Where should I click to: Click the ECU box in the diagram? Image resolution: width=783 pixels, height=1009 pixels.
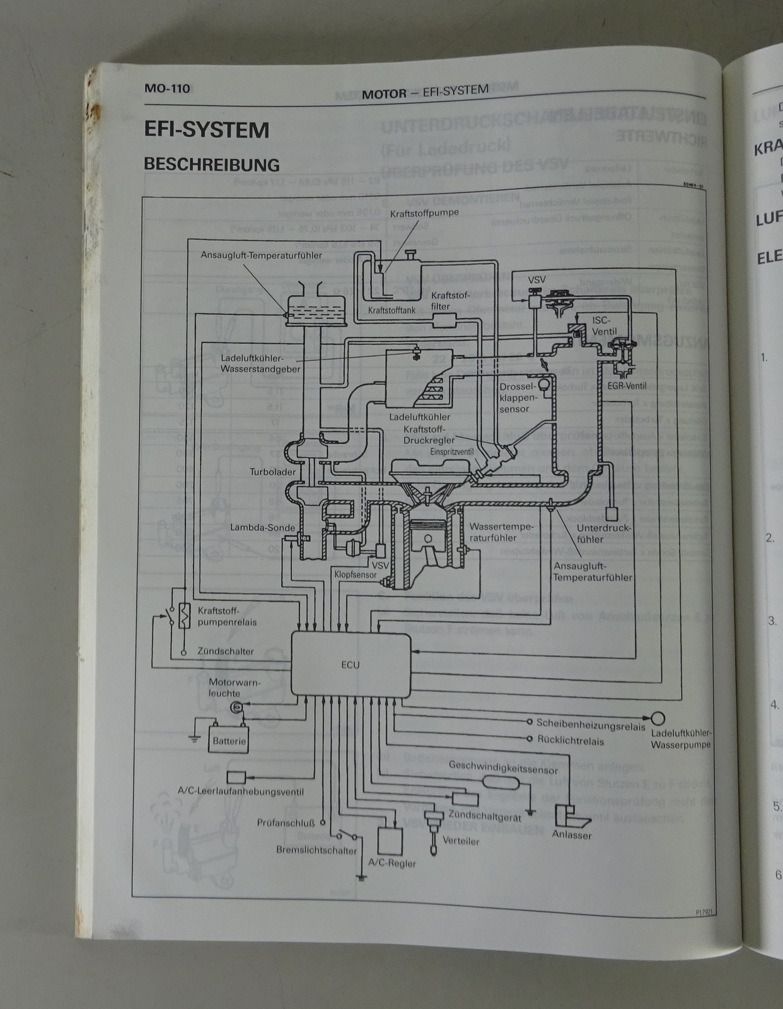351,665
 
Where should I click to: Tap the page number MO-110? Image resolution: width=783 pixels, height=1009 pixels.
167,88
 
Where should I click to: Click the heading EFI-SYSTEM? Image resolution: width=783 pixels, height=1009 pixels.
206,130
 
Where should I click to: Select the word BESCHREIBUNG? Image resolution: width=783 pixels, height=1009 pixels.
212,165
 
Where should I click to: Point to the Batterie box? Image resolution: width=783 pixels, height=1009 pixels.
229,741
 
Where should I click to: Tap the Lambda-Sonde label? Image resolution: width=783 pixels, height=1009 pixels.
263,528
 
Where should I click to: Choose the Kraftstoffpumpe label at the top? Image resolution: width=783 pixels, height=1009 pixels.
424,213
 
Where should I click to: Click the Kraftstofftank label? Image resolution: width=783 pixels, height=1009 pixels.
391,310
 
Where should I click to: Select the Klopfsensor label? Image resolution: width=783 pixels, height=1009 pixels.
355,574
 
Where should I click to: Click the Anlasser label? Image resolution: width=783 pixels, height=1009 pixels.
571,835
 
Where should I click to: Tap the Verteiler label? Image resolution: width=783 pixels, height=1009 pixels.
461,841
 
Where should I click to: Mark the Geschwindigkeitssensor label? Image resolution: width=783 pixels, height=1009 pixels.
503,770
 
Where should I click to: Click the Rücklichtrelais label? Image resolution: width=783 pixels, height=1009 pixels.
570,741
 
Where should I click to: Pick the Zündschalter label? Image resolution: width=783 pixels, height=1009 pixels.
225,651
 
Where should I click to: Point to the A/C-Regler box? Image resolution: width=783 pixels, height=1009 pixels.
390,840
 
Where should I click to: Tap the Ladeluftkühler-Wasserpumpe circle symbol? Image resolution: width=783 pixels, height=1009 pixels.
658,718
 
